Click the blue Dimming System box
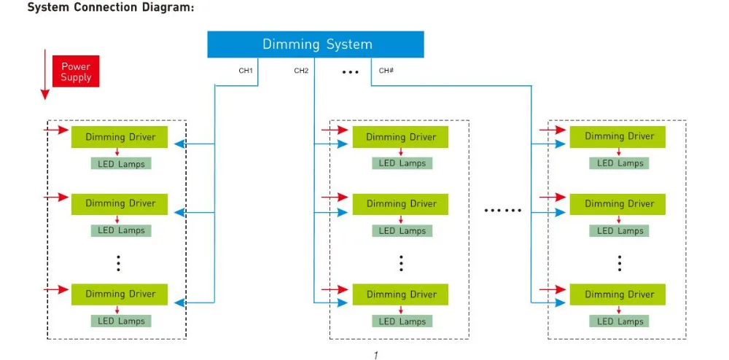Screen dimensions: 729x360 (x=315, y=44)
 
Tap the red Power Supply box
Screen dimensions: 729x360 (x=76, y=71)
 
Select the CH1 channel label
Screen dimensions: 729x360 (x=246, y=71)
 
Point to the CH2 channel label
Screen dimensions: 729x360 (x=301, y=71)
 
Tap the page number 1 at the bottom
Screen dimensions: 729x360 (x=375, y=356)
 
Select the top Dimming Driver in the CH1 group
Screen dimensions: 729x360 (x=120, y=137)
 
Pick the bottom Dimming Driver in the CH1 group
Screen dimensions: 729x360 (x=120, y=294)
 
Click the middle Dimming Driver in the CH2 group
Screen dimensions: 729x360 (x=400, y=204)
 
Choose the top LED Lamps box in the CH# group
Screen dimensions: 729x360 (x=620, y=163)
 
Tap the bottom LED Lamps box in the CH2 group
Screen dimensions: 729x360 (x=402, y=321)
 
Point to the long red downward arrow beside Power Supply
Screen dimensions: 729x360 (x=45, y=74)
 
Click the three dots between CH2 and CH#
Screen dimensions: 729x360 (x=350, y=72)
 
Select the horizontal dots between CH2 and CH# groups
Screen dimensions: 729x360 (x=502, y=211)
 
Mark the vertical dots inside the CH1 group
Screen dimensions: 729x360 (x=119, y=262)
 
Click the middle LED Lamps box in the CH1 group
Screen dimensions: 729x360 (x=121, y=230)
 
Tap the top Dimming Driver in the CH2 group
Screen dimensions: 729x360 (x=400, y=137)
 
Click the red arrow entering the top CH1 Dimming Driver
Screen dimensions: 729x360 (x=56, y=130)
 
